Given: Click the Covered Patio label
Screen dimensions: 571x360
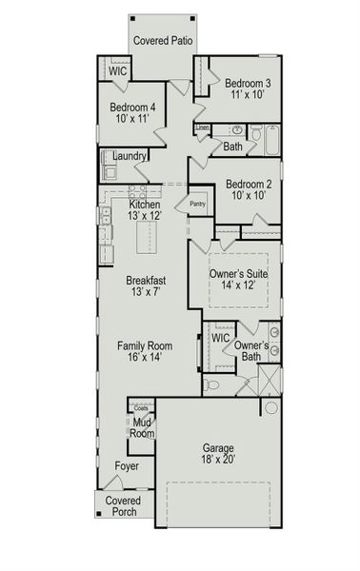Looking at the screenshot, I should tap(163, 40).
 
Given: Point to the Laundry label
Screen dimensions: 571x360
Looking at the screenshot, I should tap(129, 156).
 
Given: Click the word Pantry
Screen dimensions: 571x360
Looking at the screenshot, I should tap(198, 203).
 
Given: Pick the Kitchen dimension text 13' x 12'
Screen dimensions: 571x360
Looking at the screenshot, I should tap(145, 216).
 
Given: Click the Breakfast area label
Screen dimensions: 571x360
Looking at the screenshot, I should tap(146, 281).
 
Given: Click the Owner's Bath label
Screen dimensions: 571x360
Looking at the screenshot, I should tap(250, 350).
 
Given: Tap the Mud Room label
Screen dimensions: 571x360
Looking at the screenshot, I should tap(142, 427).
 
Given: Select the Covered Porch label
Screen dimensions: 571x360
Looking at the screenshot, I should tap(122, 506).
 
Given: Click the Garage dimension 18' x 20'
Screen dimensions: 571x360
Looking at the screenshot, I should tap(217, 460).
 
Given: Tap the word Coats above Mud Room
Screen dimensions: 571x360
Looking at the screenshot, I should tap(141, 408).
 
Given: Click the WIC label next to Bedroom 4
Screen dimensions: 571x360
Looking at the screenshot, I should tap(118, 71).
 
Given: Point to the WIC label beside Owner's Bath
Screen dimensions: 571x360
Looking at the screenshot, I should tap(221, 338).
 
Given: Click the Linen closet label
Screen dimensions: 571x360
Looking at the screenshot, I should tap(203, 127).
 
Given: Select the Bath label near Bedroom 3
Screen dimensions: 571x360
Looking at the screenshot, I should tap(233, 147).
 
